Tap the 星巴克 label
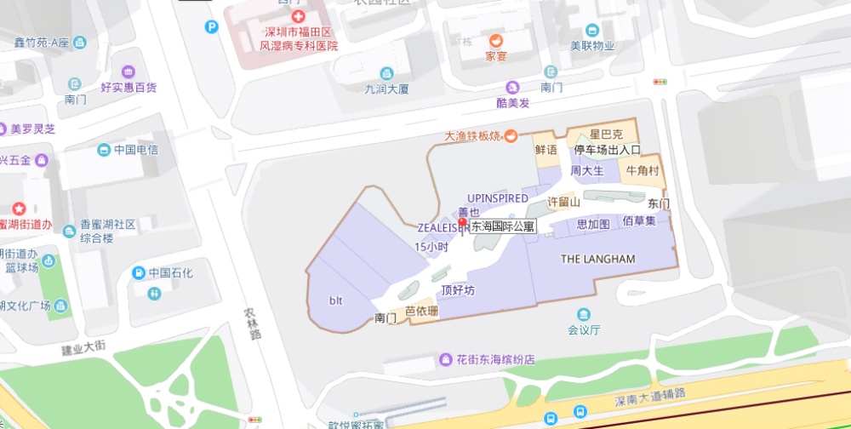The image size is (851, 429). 607,134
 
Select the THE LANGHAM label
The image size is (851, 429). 597,259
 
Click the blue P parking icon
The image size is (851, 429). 211,26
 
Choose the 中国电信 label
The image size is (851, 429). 136,150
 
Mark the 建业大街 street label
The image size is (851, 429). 83,348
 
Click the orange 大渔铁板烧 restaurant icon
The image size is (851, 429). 511,135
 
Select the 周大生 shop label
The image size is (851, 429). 586,171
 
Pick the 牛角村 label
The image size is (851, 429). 643,171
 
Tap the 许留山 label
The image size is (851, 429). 563,203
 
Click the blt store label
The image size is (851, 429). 335,300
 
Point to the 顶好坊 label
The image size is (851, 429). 458,290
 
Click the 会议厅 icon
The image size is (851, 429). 584,314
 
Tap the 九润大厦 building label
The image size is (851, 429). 387,88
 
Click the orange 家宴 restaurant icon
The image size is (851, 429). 495,41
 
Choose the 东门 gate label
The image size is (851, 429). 659,204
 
